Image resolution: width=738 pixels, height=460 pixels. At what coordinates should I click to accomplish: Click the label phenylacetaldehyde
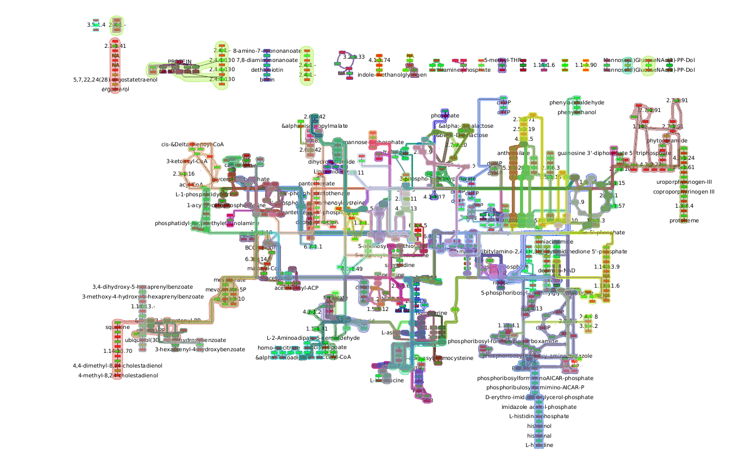point(577,102)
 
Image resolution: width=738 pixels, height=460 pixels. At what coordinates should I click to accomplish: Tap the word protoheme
point(684,220)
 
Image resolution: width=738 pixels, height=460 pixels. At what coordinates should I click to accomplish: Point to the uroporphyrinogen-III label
point(684,182)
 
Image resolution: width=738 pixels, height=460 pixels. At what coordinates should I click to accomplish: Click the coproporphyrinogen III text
point(684,191)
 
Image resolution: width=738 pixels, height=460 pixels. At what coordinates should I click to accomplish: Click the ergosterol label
point(115,89)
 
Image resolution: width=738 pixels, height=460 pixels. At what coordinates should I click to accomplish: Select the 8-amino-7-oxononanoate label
point(266,51)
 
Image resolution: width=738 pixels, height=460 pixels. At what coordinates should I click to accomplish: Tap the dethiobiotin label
point(266,70)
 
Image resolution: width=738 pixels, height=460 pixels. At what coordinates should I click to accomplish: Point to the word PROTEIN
point(179,62)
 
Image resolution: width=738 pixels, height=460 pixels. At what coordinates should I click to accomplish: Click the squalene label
point(118,327)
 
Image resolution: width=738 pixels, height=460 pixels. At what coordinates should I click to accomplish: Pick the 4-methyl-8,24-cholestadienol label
point(118,375)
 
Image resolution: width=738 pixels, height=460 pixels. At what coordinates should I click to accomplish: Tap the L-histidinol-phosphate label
point(539,416)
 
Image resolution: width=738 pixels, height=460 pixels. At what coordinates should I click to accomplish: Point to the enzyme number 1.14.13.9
point(606,266)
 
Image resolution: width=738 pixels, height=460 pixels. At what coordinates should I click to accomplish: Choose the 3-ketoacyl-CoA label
point(187,161)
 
